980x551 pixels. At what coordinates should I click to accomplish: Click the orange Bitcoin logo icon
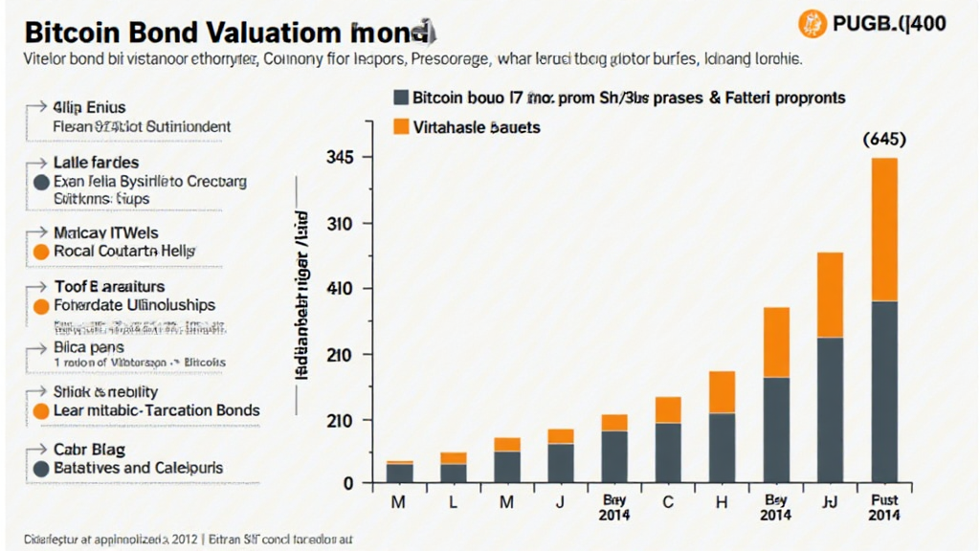[812, 23]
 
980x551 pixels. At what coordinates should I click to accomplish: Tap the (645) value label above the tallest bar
[884, 139]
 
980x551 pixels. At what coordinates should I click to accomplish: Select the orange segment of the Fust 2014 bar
[884, 230]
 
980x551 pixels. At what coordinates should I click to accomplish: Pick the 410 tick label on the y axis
[343, 289]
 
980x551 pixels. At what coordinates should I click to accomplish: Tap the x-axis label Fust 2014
[884, 507]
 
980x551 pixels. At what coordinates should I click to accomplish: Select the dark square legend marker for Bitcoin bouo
[400, 98]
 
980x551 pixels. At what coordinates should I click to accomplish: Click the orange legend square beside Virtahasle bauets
[400, 126]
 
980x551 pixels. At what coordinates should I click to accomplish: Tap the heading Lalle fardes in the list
[96, 163]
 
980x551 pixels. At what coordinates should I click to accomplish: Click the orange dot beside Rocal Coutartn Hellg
[40, 252]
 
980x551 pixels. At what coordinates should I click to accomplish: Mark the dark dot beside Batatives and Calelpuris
[40, 469]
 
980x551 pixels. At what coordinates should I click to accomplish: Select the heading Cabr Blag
[89, 450]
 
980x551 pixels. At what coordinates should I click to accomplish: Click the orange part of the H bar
[723, 392]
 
